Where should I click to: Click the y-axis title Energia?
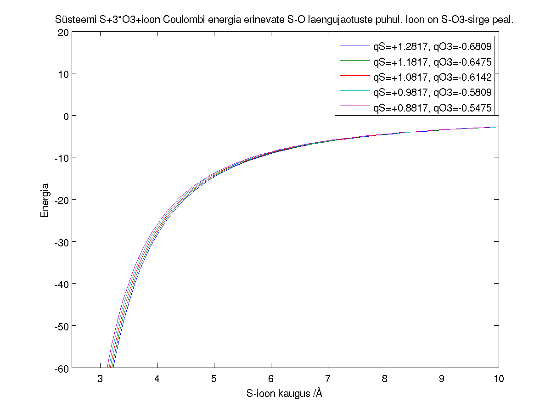pos(45,200)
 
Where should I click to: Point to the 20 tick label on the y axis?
pos(63,32)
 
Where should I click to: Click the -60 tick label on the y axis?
pos(62,368)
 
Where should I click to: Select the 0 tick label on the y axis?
pos(66,116)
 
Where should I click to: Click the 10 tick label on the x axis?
pos(499,379)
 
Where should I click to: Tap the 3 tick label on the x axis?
pos(100,379)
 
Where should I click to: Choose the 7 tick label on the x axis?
pos(328,379)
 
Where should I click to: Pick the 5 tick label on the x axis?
pos(214,379)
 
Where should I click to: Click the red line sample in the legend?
pos(355,75)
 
